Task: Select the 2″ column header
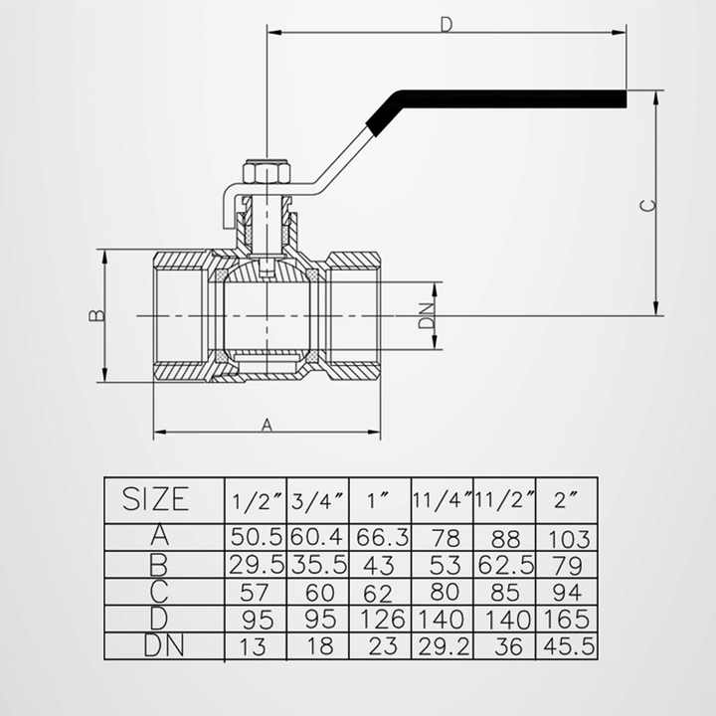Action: pyautogui.click(x=568, y=497)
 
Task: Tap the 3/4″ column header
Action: pyautogui.click(x=317, y=497)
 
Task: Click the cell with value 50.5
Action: pyautogui.click(x=258, y=537)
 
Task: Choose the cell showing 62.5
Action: pyautogui.click(x=506, y=565)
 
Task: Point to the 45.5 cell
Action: pyautogui.click(x=569, y=644)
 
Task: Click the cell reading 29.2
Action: pyautogui.click(x=443, y=644)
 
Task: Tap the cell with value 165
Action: pyautogui.click(x=569, y=619)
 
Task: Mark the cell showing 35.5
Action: pyautogui.click(x=317, y=565)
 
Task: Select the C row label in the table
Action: pyautogui.click(x=159, y=592)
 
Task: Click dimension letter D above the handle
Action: pyautogui.click(x=447, y=24)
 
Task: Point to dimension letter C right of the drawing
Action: pyautogui.click(x=647, y=205)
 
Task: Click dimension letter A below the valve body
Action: pyautogui.click(x=267, y=425)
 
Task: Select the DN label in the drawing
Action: pyautogui.click(x=426, y=315)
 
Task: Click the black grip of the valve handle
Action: pyautogui.click(x=497, y=100)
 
